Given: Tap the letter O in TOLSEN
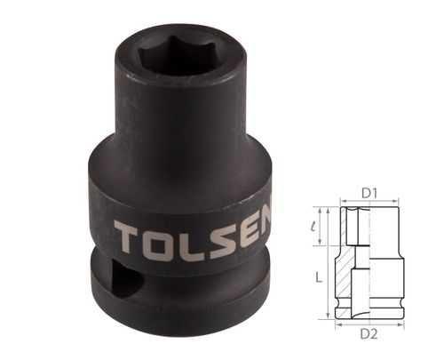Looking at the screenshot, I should tap(162, 238).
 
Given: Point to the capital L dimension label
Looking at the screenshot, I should tap(317, 276).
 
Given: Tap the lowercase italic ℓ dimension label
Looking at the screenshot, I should tap(318, 228).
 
